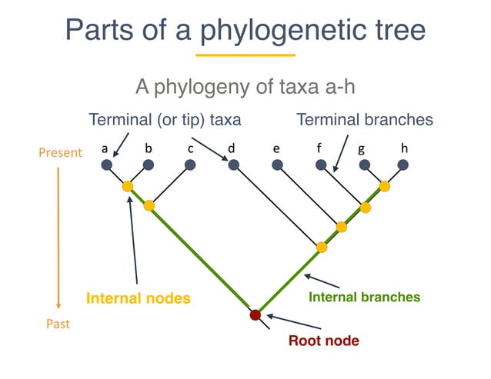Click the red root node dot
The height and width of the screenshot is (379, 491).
click(256, 314)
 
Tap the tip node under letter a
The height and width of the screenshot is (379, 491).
click(106, 165)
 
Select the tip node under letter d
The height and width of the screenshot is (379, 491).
click(234, 165)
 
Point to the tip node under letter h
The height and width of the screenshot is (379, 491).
click(402, 165)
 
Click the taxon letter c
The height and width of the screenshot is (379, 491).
click(189, 147)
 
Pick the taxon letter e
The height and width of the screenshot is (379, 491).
click(276, 147)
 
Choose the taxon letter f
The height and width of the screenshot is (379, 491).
click(318, 147)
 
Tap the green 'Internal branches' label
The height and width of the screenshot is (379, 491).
click(364, 296)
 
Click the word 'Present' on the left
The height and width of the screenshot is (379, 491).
click(60, 153)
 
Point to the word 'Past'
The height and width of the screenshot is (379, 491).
click(54, 324)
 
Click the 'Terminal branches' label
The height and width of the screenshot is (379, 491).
click(365, 120)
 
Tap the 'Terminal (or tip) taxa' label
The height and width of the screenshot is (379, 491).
click(165, 120)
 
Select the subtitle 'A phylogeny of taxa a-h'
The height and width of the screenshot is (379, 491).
click(245, 85)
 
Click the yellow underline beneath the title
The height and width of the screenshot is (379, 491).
click(245, 55)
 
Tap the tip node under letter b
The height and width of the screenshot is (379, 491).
click(149, 165)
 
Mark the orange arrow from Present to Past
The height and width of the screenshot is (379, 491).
click(58, 238)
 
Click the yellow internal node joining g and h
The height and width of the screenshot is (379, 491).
click(384, 186)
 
